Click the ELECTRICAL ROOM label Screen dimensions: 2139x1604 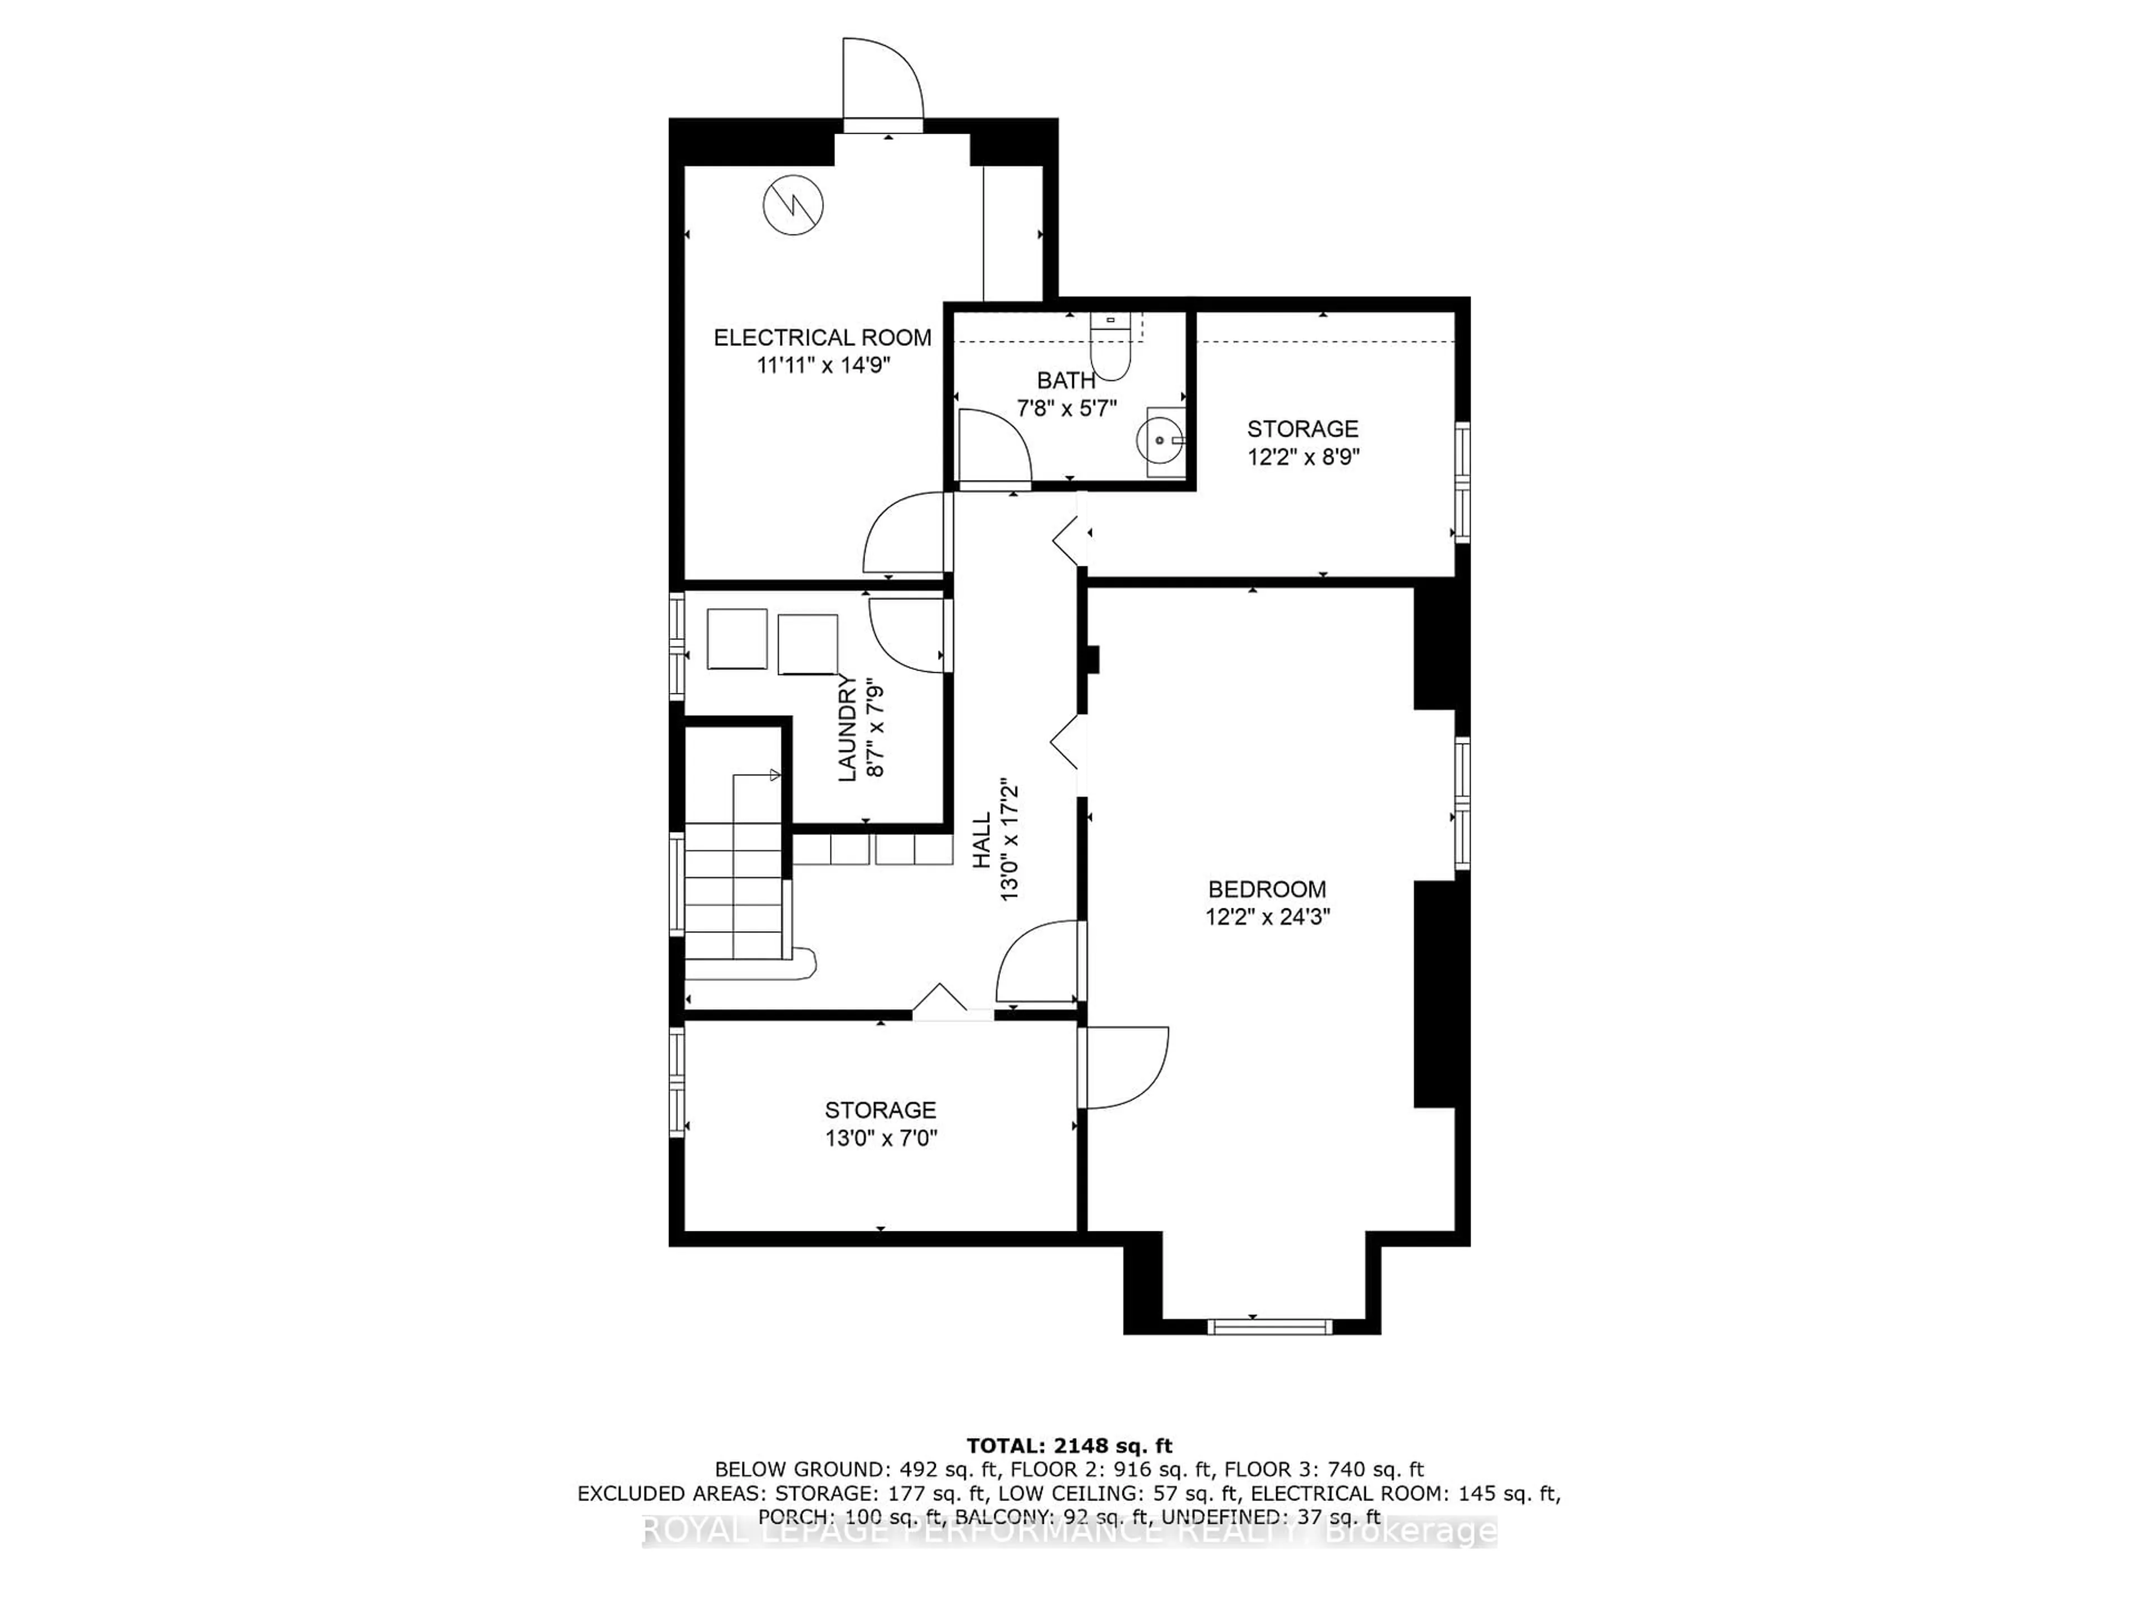point(822,338)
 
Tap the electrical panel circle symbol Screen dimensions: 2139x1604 point(794,205)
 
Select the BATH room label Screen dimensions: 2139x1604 point(1067,380)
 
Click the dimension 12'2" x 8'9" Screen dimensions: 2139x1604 point(1303,456)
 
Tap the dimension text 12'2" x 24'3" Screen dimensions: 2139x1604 point(1267,916)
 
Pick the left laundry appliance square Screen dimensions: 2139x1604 point(737,638)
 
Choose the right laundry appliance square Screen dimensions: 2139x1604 point(808,644)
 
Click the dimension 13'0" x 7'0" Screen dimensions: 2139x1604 point(881,1138)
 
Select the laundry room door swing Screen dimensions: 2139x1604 point(907,634)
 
